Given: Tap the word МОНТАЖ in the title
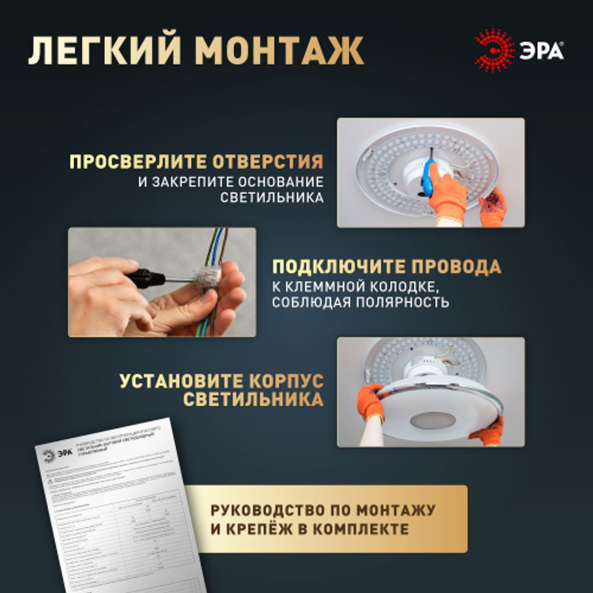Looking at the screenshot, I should pyautogui.click(x=279, y=52).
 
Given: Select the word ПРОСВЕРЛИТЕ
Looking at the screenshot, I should pyautogui.click(x=139, y=161).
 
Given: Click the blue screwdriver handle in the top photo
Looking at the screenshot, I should pyautogui.click(x=426, y=177).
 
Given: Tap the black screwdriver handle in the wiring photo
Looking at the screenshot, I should pyautogui.click(x=145, y=277).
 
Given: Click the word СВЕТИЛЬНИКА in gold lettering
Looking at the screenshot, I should pyautogui.click(x=253, y=400).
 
